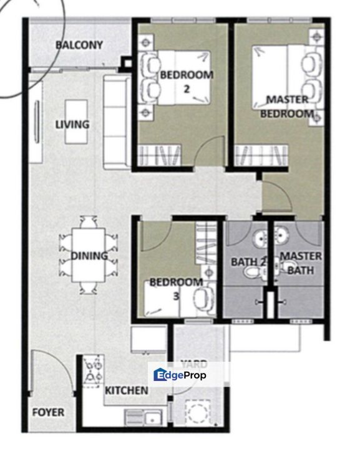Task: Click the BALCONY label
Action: pos(79,46)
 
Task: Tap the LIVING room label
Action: pos(72,125)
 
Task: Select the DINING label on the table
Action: pos(89,256)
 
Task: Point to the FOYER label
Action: pos(48,412)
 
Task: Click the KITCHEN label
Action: pos(126,390)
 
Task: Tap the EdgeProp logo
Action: pos(180,375)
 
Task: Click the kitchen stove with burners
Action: pos(93,371)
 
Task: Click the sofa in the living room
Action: pos(117,122)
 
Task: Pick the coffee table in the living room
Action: pos(76,122)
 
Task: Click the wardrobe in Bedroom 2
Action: pos(159,155)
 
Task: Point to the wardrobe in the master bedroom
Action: pos(261,155)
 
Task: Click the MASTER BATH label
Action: pos(301,263)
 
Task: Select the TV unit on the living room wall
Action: pos(36,122)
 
